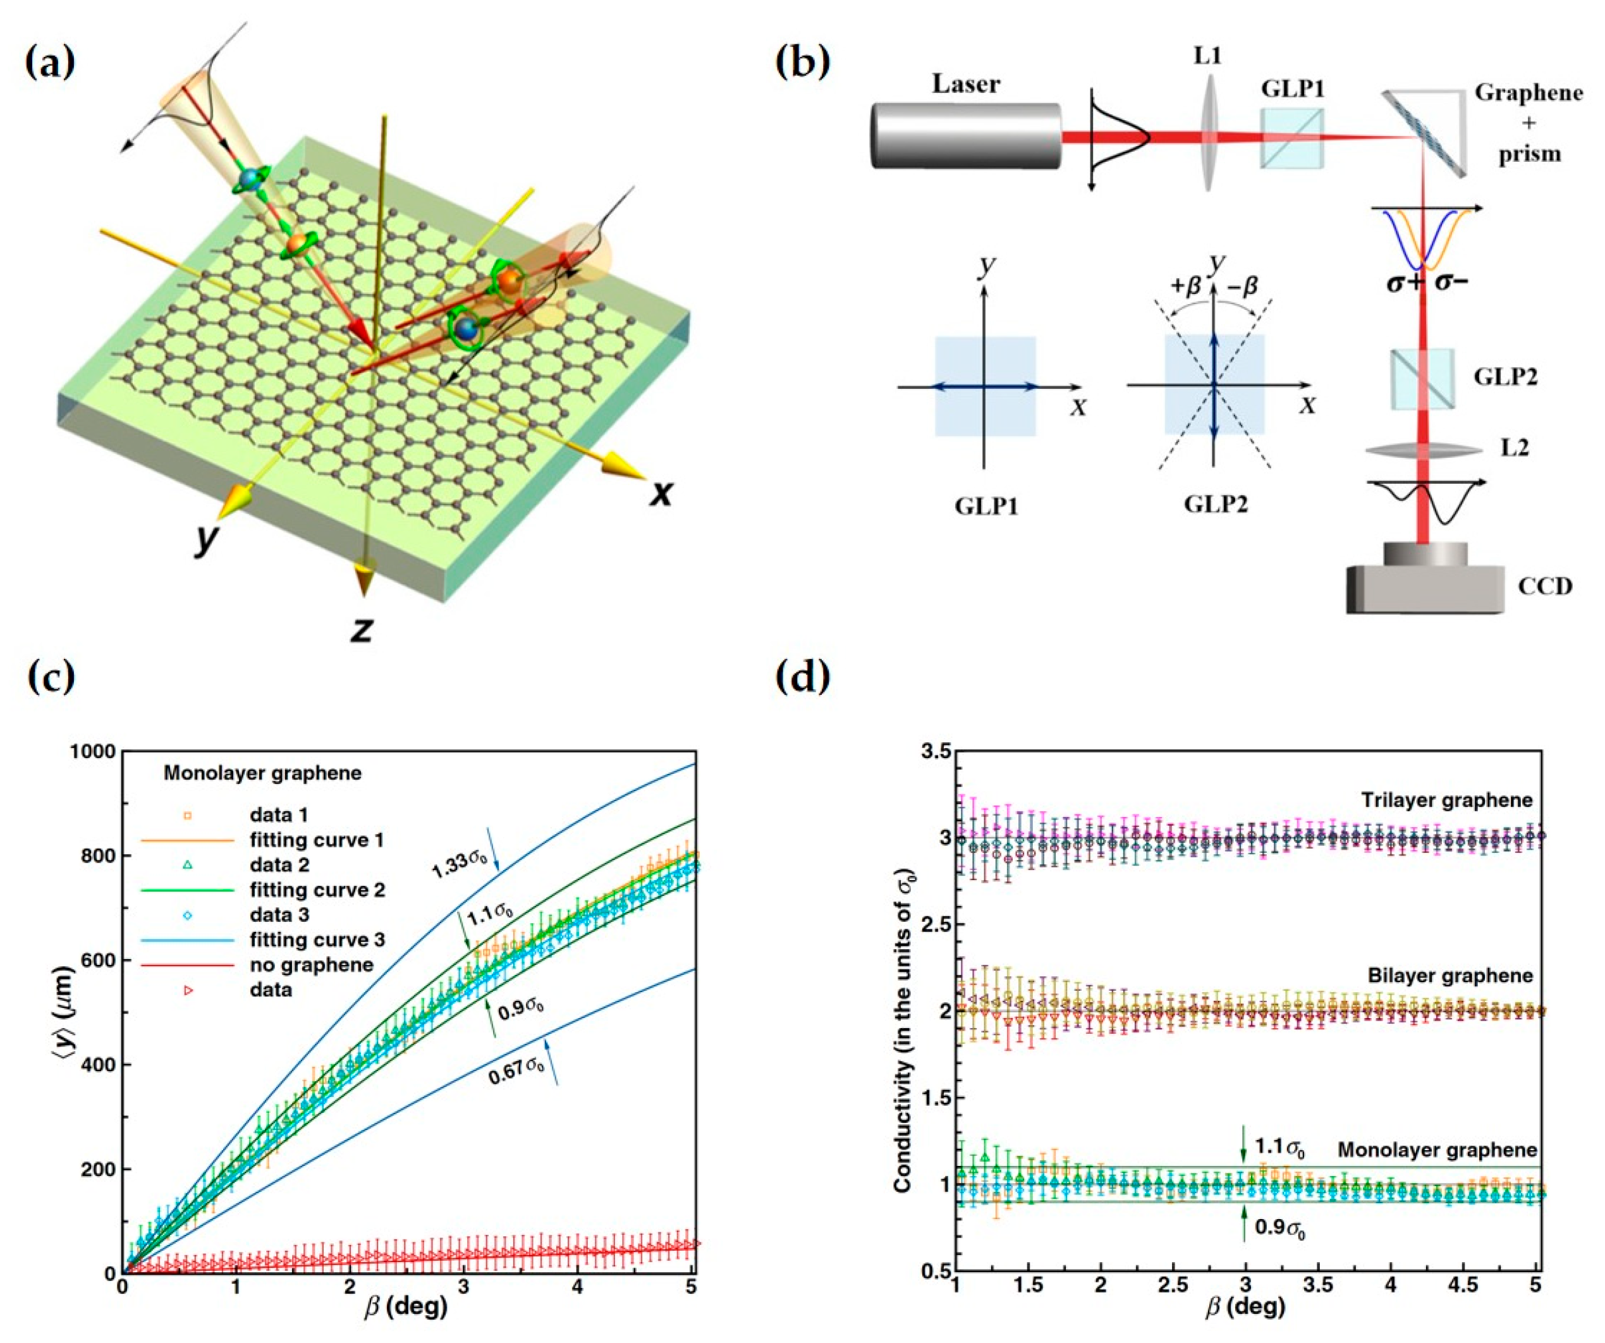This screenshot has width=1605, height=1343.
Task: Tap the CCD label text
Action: [x=1544, y=586]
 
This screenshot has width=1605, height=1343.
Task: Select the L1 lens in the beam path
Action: [x=1207, y=138]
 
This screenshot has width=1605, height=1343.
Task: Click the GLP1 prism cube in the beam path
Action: [x=1291, y=138]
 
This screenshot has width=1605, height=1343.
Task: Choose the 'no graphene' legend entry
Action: [x=311, y=965]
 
